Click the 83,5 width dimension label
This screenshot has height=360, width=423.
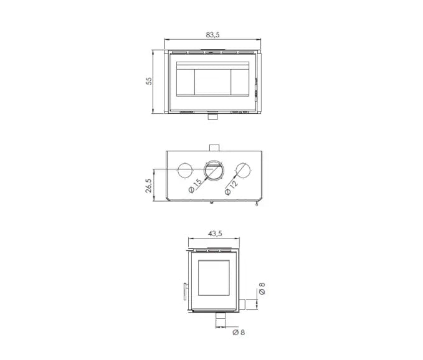tap(213, 35)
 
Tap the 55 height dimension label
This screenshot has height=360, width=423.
tap(149, 81)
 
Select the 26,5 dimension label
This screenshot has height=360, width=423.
tap(149, 186)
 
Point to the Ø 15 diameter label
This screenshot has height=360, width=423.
tap(196, 186)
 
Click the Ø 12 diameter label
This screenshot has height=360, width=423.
tap(232, 187)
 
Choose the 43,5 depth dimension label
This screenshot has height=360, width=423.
tap(215, 234)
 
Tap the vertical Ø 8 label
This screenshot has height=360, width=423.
tap(262, 288)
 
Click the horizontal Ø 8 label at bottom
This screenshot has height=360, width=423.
tap(239, 332)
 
